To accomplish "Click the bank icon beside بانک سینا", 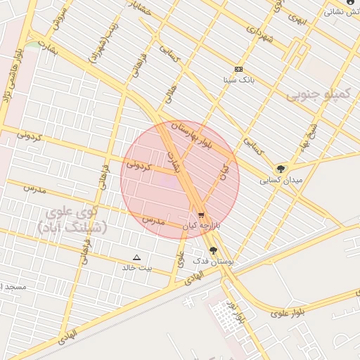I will [238, 69].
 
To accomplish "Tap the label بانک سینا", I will [238, 79].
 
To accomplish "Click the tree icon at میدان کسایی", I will [281, 169].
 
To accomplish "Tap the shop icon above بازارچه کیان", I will [202, 215].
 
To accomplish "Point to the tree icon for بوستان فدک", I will [212, 250].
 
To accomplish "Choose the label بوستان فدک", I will [212, 262].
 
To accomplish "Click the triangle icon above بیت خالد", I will [136, 257].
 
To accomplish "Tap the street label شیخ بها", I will [310, 131].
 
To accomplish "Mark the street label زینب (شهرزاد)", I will [104, 47].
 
